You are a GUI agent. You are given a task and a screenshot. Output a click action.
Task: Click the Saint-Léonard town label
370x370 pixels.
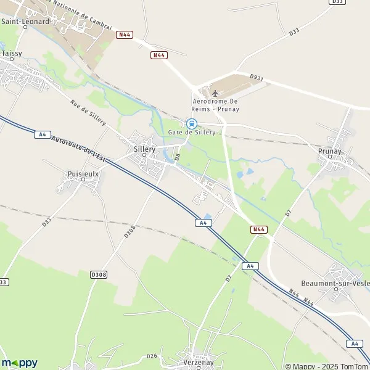click(x=25, y=21)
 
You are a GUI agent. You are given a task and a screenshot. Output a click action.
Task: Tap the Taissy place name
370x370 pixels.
click(x=12, y=54)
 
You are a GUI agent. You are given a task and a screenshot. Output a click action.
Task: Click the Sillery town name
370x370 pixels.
click(x=144, y=149)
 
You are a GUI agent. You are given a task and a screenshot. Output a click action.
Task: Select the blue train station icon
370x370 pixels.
click(x=192, y=123)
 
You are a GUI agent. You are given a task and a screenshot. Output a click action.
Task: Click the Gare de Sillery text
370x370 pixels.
click(x=196, y=132)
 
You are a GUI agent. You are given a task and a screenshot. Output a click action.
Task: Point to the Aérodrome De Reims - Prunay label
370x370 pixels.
click(x=216, y=105)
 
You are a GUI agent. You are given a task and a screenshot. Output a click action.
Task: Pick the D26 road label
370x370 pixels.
click(x=152, y=355)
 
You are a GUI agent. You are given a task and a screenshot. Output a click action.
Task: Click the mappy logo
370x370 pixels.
click(x=19, y=363)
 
